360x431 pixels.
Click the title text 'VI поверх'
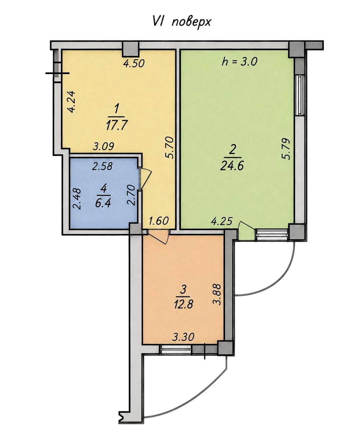click(181, 22)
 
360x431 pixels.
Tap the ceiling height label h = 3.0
click(239, 61)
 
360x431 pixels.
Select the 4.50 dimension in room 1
click(133, 63)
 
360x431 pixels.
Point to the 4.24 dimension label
click(72, 102)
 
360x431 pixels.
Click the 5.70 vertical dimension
click(170, 148)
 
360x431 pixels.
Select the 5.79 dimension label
click(286, 149)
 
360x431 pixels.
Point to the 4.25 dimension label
click(222, 221)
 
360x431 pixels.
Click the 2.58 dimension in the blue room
click(102, 166)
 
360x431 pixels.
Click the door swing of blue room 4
click(145, 179)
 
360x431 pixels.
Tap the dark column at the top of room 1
click(130, 49)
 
